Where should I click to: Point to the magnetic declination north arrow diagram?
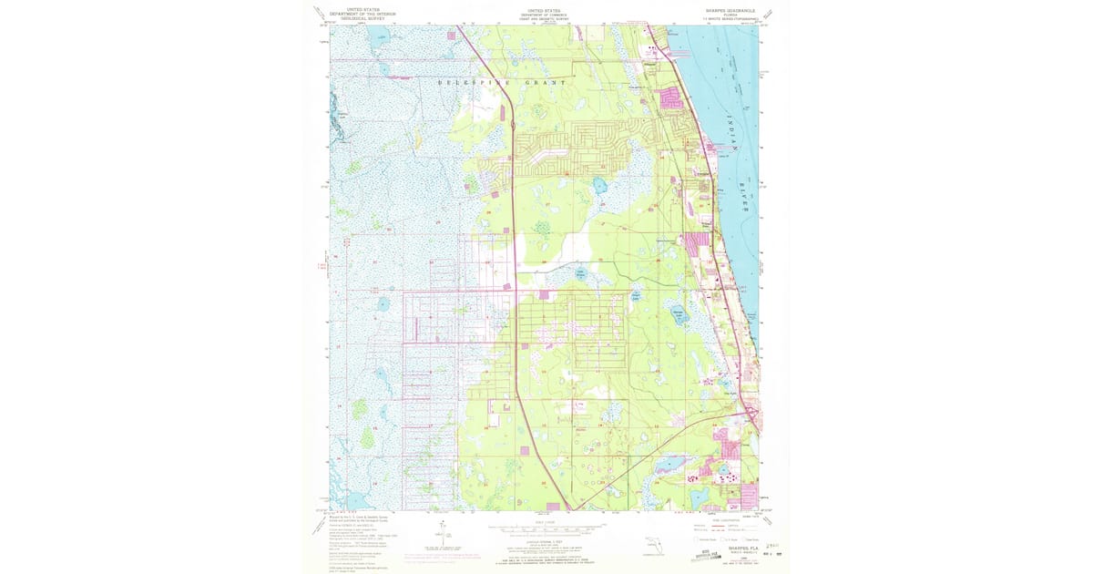[441, 538]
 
